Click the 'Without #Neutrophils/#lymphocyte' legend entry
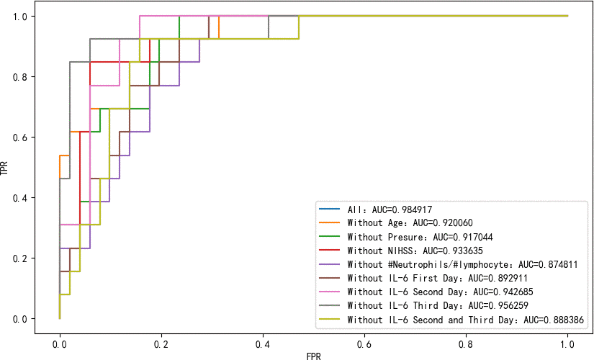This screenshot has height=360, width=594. click(462, 264)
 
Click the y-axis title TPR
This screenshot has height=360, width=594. click(6, 167)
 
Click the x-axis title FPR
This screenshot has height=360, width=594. click(313, 354)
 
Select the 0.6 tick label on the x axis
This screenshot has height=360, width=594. click(364, 336)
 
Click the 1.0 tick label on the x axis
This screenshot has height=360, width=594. click(567, 336)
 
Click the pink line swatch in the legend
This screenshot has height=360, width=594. click(330, 292)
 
